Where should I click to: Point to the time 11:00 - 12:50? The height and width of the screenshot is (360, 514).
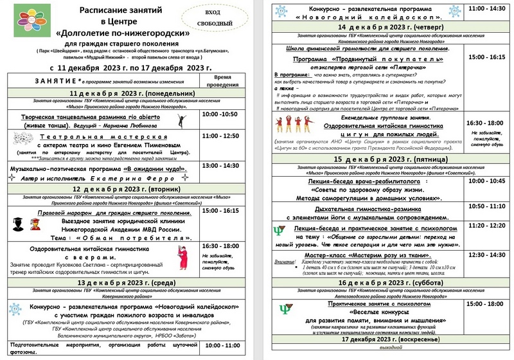(220, 136)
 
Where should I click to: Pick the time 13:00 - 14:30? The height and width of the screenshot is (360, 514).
(220, 166)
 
